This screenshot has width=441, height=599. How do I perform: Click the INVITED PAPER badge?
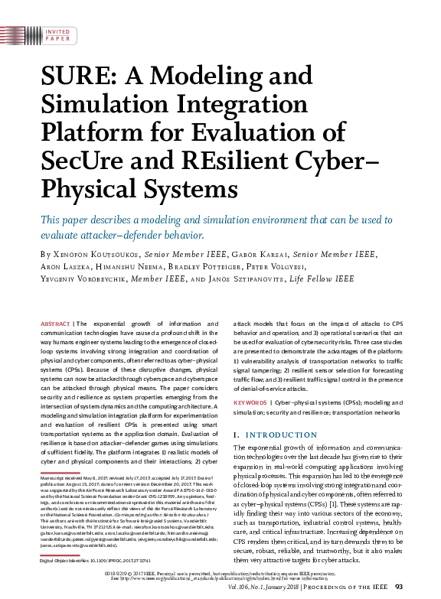[x=57, y=34]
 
